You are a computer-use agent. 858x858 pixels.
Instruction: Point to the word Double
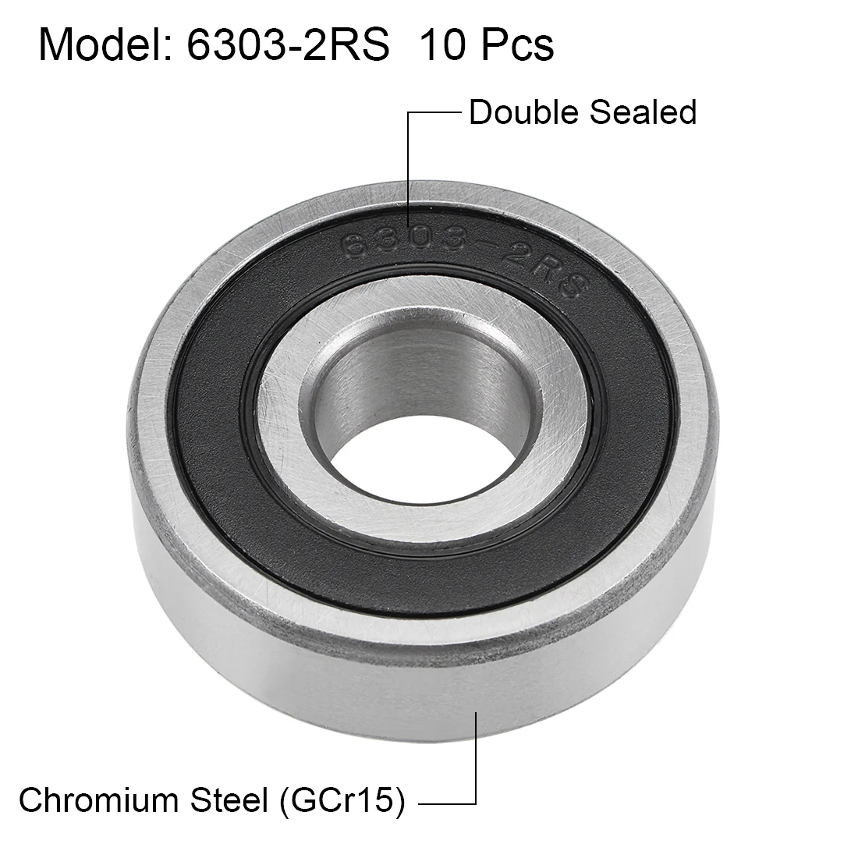pyautogui.click(x=523, y=112)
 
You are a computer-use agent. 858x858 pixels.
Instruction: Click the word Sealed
pyautogui.click(x=643, y=112)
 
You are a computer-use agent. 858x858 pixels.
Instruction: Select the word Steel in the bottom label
pyautogui.click(x=229, y=800)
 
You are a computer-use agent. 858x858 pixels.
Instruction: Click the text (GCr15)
pyautogui.click(x=342, y=801)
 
